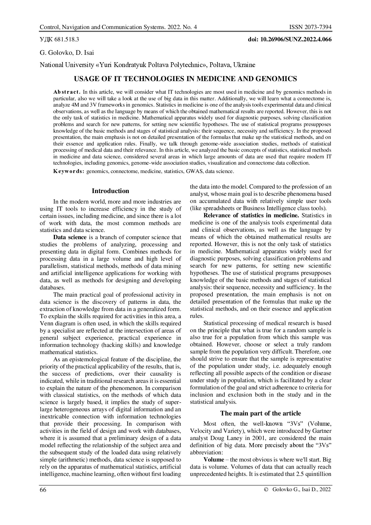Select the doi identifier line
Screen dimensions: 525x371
click(x=290, y=40)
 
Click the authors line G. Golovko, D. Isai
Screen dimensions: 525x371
click(x=67, y=53)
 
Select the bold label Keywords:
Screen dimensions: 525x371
click(x=69, y=172)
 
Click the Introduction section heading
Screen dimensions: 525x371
click(x=110, y=191)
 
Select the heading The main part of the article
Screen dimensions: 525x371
click(x=261, y=413)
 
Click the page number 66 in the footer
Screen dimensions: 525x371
click(x=43, y=489)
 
